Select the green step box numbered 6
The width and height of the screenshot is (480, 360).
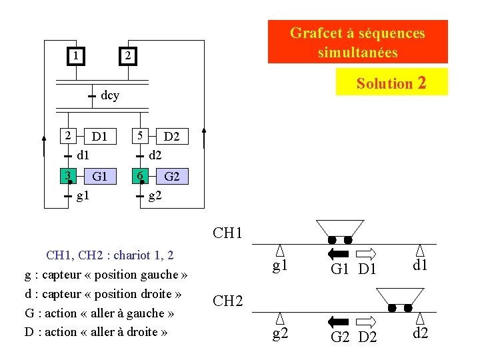pos(139,176)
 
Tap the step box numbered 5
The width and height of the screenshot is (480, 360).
pos(139,135)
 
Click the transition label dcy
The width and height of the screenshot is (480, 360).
pos(110,95)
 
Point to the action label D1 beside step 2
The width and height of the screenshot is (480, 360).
pos(100,137)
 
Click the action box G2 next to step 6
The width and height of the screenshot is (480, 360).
pos(172,176)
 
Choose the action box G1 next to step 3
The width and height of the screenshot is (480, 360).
pos(99,176)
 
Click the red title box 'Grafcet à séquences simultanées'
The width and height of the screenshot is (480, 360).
pos(357,42)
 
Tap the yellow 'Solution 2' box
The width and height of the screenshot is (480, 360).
pos(391,83)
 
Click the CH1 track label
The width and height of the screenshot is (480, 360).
pos(227,233)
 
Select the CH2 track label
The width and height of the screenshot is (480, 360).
pos(227,301)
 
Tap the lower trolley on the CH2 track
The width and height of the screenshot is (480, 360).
pos(400,299)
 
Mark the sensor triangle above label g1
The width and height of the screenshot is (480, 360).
pos(281,250)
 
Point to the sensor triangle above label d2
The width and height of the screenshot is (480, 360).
pos(421,318)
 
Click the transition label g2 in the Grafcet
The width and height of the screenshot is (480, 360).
pos(155,197)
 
